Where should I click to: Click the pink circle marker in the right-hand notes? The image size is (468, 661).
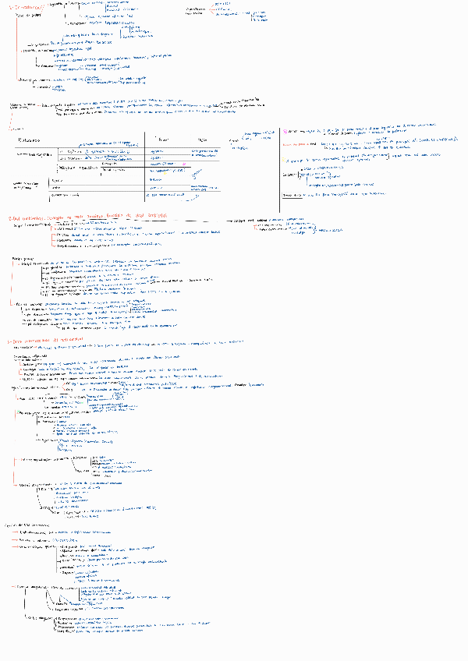tap(286, 132)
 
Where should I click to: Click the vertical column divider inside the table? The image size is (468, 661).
tap(146, 168)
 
